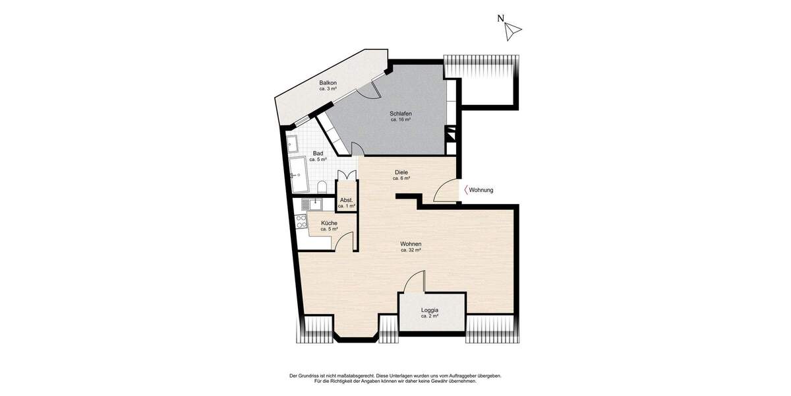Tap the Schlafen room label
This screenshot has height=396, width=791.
(401, 117)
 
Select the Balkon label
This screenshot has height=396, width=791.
(328, 85)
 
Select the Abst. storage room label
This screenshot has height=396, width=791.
(346, 203)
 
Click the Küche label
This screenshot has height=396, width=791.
(329, 226)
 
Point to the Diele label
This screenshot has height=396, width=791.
(401, 175)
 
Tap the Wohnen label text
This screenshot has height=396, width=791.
(411, 247)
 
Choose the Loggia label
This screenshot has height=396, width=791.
(430, 313)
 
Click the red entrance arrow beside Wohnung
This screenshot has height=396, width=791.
(466, 190)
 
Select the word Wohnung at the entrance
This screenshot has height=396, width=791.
(481, 190)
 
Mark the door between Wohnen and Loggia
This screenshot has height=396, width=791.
(414, 282)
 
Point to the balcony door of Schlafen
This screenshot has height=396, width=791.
(370, 90)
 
